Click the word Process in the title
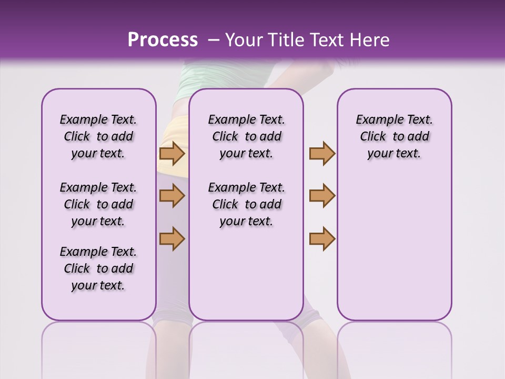click(x=163, y=40)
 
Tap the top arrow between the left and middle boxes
click(x=172, y=154)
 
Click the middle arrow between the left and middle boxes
click(x=172, y=196)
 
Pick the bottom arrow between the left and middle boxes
click(x=172, y=238)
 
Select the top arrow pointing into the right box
click(x=322, y=154)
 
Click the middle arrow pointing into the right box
click(x=322, y=196)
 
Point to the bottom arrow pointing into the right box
click(x=322, y=238)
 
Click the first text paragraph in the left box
click(x=98, y=136)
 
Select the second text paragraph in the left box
click(x=98, y=204)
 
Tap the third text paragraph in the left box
click(x=98, y=268)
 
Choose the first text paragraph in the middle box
click(x=246, y=136)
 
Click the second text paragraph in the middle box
click(x=246, y=204)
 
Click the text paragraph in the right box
click(x=395, y=136)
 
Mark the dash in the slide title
click(x=214, y=40)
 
